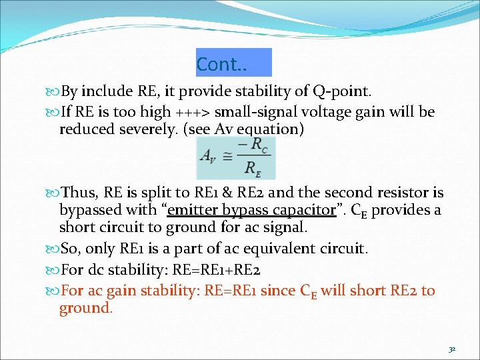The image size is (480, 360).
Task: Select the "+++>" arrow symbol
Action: [193, 111]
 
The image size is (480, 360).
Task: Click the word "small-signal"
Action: [251, 111]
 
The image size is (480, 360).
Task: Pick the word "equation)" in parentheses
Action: [276, 129]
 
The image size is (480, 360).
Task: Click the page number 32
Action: [452, 349]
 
